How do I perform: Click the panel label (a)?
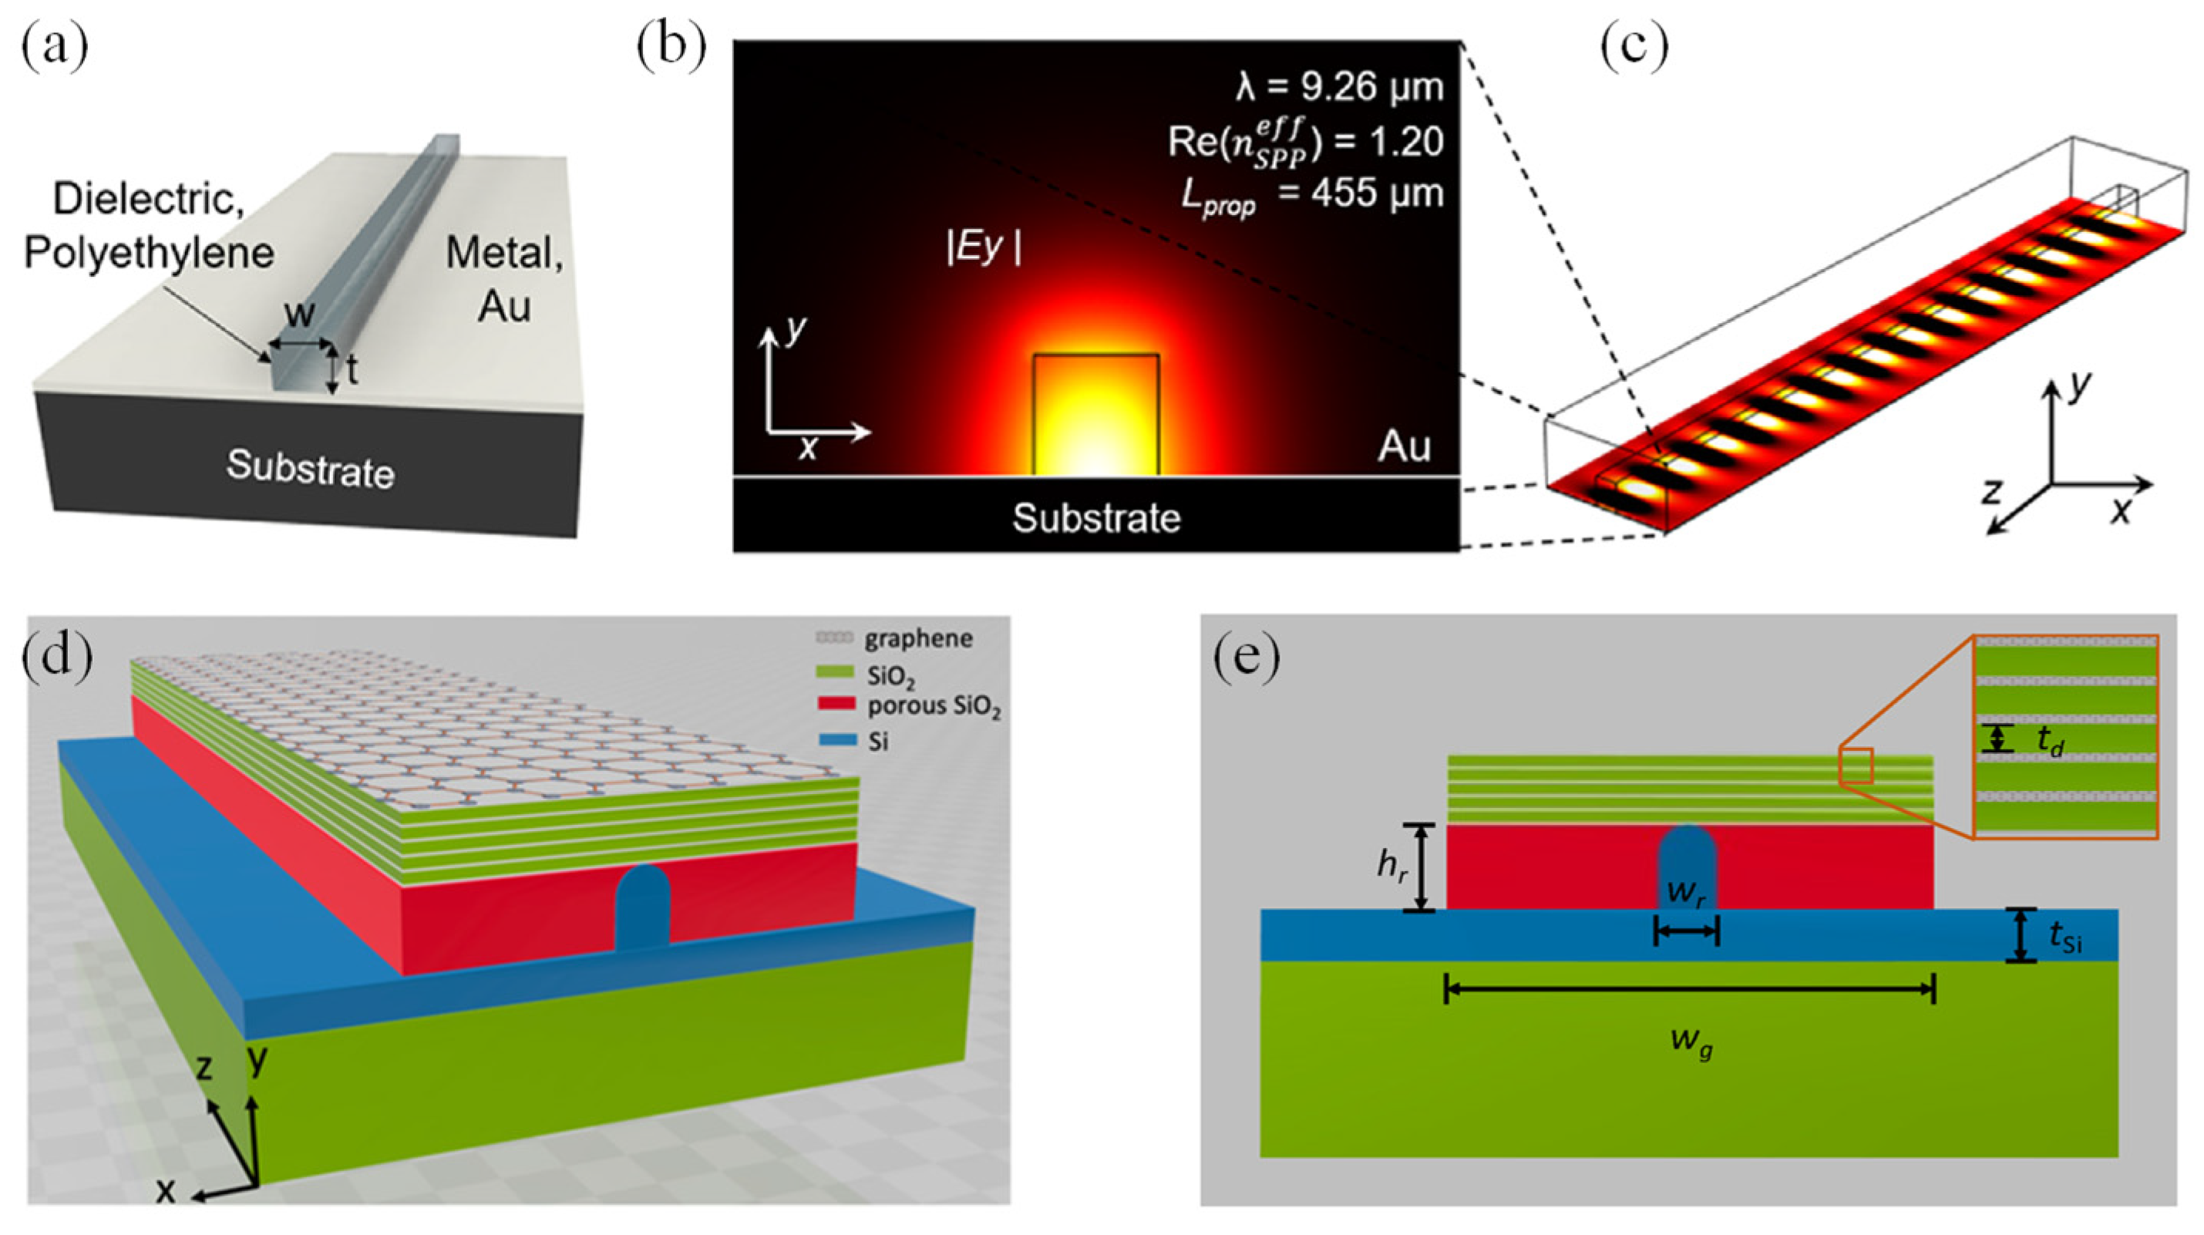pos(55,48)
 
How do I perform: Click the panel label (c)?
pos(1634,48)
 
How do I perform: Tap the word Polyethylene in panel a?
pos(149,253)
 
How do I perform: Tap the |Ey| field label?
pos(984,248)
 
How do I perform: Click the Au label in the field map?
pos(1404,447)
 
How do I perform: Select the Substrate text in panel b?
pos(1096,519)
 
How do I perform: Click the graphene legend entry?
pos(917,638)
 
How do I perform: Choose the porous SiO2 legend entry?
pos(933,707)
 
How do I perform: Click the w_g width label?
pos(1691,1042)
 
